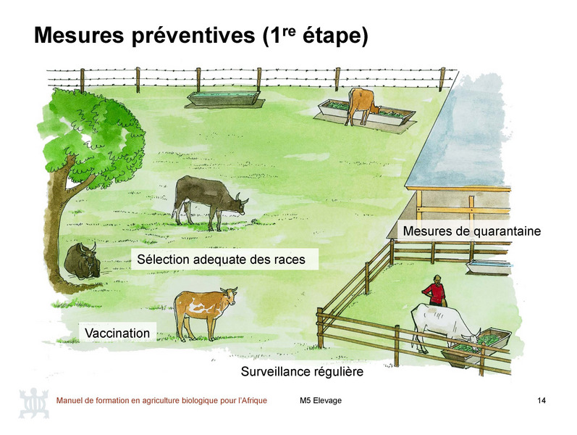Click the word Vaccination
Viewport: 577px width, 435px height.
(x=117, y=333)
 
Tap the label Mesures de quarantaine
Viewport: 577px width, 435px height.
(x=472, y=231)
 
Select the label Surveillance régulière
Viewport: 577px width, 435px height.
(x=302, y=371)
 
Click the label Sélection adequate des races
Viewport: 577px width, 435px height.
(x=221, y=259)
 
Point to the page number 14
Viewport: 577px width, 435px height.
(x=542, y=400)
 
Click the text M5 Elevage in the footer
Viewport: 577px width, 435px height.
(x=321, y=400)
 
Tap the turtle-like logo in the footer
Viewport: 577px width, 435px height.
(x=34, y=403)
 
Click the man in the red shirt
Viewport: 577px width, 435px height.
(x=435, y=291)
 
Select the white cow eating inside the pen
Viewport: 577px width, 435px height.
(x=445, y=327)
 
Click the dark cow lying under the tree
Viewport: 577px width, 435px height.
(x=83, y=261)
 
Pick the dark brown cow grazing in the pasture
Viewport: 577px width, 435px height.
(x=209, y=201)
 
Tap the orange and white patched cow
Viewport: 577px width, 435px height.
(x=203, y=312)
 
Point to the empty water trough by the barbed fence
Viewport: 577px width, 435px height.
(x=225, y=98)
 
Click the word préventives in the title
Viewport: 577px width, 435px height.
(x=193, y=36)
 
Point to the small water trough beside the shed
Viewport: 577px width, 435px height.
(x=489, y=267)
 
